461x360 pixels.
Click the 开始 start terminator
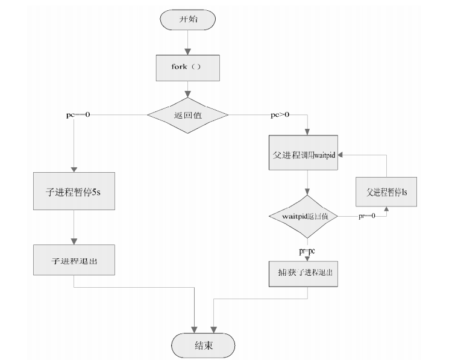[188, 19]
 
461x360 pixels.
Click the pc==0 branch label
[78, 114]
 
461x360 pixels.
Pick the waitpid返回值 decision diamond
[303, 216]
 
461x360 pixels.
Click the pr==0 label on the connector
[367, 216]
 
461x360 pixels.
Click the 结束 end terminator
[203, 346]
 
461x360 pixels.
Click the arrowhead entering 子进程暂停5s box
[73, 171]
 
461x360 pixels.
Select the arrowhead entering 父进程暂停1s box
[386, 208]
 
